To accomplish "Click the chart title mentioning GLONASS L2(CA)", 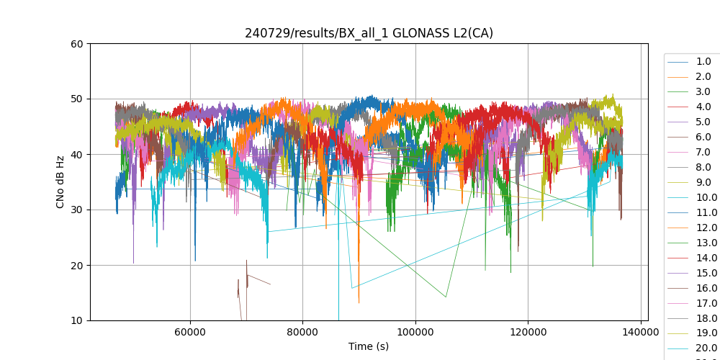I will click(369, 33).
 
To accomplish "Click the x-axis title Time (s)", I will click(369, 346).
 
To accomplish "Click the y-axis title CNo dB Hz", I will click(61, 182).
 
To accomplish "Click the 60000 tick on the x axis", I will click(190, 332).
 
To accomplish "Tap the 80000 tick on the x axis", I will click(302, 332).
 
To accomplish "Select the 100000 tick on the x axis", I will click(415, 332).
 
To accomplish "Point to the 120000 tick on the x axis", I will click(528, 332).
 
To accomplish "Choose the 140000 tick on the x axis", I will click(640, 332).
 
